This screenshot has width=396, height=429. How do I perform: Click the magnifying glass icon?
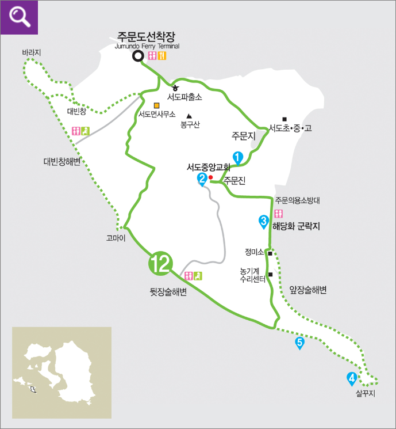tap(19, 17)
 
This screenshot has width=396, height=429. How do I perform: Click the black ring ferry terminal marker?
tap(138, 56)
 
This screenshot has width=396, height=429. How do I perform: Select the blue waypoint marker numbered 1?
tap(237, 156)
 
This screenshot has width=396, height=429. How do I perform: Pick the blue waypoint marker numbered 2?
tap(202, 179)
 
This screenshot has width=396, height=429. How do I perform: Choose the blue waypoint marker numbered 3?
tap(263, 221)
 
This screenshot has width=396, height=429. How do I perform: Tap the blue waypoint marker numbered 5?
tap(299, 343)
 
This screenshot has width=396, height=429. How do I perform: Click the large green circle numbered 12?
tap(160, 264)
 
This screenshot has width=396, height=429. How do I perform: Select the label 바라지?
tap(32, 53)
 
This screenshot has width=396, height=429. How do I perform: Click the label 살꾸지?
tap(365, 394)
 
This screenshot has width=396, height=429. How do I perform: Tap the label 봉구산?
tap(190, 124)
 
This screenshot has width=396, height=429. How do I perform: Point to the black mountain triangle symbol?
tap(189, 116)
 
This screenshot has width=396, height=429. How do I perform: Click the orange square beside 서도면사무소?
tap(156, 105)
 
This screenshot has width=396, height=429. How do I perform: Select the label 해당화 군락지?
tap(295, 226)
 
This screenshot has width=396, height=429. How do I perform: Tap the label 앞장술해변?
tap(307, 290)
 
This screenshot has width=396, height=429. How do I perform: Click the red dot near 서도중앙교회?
tap(211, 177)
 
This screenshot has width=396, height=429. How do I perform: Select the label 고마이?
tap(116, 237)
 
